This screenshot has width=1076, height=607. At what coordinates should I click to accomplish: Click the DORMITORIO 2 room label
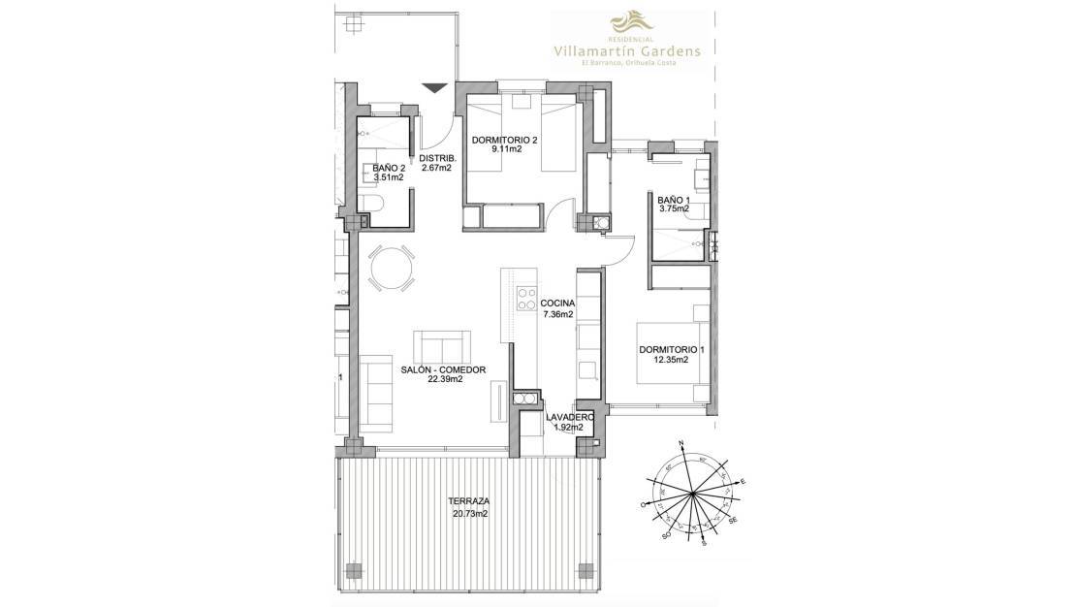click(504, 140)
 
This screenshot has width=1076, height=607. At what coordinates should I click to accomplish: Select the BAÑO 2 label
click(389, 167)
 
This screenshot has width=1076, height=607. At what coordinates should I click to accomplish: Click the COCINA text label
click(558, 303)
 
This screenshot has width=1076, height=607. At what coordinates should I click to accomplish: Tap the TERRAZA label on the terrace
click(468, 501)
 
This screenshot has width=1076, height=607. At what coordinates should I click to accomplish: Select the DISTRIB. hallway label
click(438, 157)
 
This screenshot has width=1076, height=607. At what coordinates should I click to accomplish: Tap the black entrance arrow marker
click(435, 88)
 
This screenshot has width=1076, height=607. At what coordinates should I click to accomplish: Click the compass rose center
click(692, 495)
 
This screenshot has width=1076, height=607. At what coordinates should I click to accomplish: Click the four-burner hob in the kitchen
click(527, 298)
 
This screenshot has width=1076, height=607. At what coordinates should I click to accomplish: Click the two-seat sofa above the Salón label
click(442, 345)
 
